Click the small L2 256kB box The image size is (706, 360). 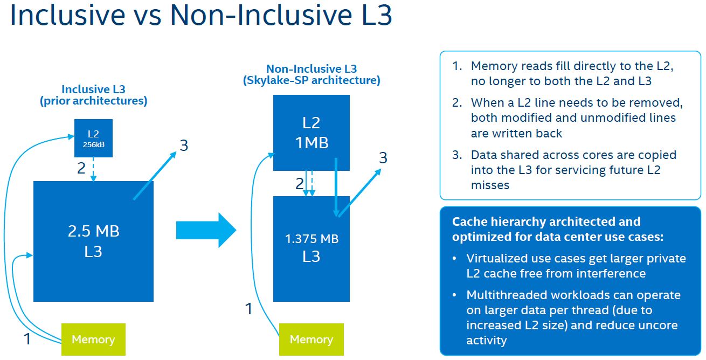[x=93, y=138]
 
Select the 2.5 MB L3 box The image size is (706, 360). [x=93, y=241]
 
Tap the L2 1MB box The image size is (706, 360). [x=312, y=133]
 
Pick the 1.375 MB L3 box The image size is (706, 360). [x=312, y=248]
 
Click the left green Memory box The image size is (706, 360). [x=93, y=340]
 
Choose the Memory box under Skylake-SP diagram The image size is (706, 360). [x=312, y=340]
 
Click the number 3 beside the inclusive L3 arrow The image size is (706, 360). [x=184, y=146]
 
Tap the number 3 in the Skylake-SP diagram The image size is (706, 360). [x=383, y=158]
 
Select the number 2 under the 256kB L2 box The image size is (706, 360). [x=81, y=168]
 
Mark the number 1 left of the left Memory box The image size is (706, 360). [x=27, y=339]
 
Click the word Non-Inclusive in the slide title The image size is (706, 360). [x=252, y=16]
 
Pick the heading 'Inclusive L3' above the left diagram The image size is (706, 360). [x=93, y=89]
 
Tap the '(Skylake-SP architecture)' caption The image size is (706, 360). [x=312, y=81]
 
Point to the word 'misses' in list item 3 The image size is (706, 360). [x=490, y=185]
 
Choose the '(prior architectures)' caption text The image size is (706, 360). [x=93, y=101]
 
